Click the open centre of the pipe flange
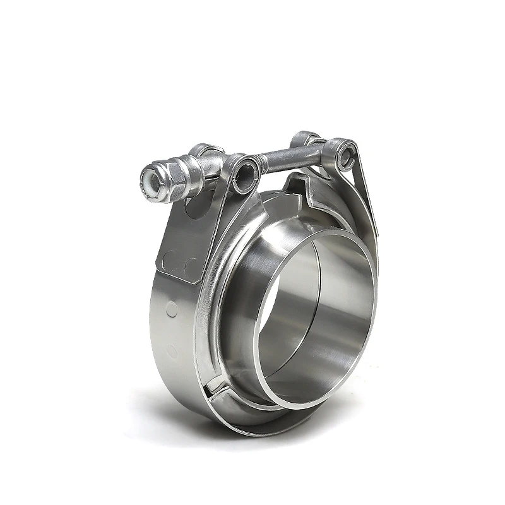pos(316,316)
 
